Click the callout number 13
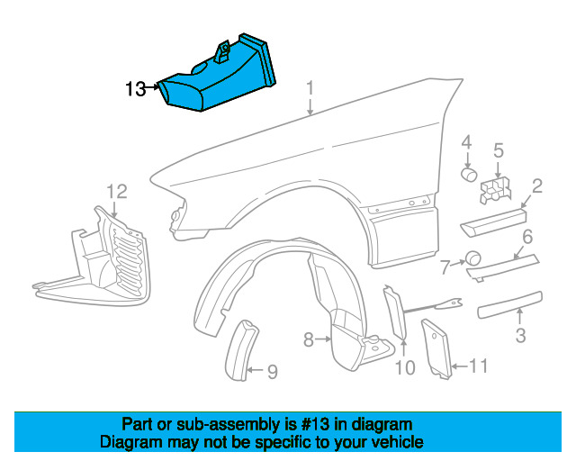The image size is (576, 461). pyautogui.click(x=135, y=88)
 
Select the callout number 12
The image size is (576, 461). pyautogui.click(x=118, y=191)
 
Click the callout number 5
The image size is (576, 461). pyautogui.click(x=498, y=149)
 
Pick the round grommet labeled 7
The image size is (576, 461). pyautogui.click(x=472, y=259)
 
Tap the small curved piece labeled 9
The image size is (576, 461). pyautogui.click(x=240, y=352)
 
